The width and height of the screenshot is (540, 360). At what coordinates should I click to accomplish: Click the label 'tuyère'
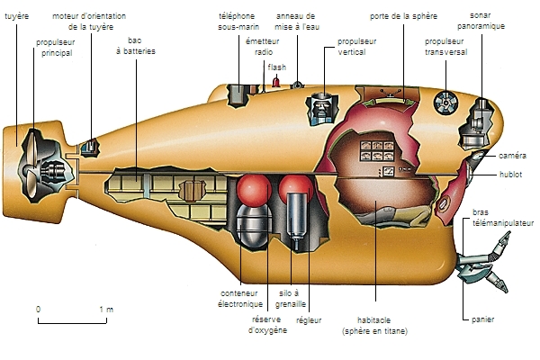[17, 16]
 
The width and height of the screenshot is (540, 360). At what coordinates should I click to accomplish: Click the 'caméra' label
[513, 155]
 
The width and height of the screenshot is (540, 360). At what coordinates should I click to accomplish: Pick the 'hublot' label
[511, 175]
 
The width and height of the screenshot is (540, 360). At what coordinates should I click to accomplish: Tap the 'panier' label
[482, 319]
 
